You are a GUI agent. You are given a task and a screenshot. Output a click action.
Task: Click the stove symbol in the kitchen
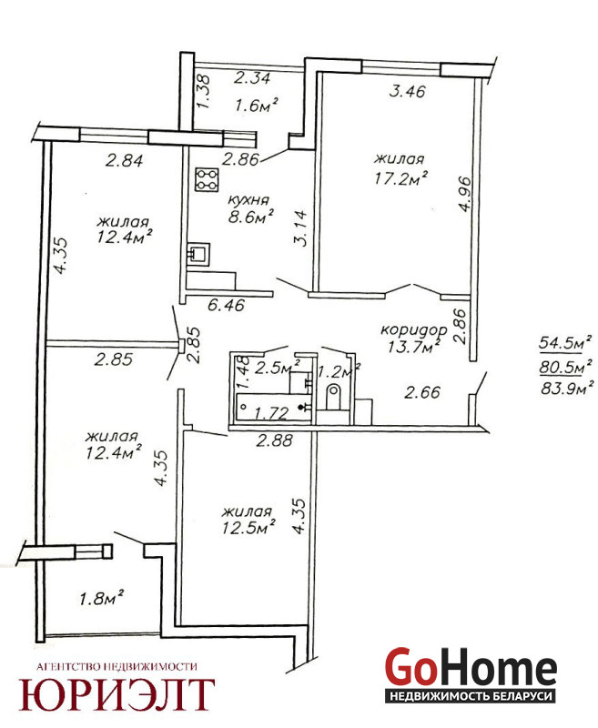click(208, 179)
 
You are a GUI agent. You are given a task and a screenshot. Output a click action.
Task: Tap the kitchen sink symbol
click(198, 254)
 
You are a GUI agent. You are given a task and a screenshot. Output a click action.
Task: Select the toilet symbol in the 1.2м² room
click(333, 398)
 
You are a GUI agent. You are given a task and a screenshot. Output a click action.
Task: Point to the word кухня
click(248, 200)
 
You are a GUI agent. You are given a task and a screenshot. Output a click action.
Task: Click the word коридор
click(414, 330)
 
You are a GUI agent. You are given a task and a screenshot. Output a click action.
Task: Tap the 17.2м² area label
click(401, 177)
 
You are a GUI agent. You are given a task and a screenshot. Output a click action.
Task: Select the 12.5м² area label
click(248, 528)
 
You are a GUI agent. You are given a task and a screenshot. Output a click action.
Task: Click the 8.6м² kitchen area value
click(250, 217)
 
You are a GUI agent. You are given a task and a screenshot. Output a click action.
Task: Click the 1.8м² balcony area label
click(101, 598)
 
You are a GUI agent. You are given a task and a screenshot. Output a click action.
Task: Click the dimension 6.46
click(226, 306)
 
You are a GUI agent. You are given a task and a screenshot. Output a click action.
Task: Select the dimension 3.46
click(407, 91)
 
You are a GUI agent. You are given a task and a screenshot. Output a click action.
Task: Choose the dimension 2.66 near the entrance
click(422, 393)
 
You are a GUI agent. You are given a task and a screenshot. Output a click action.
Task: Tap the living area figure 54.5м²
click(565, 343)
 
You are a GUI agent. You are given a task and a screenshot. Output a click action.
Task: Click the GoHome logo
click(471, 673)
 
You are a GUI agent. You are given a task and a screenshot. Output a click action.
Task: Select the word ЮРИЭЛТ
click(117, 694)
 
